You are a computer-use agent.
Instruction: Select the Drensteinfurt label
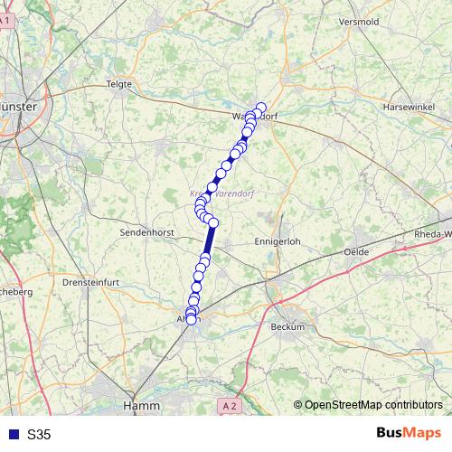coord(92,282)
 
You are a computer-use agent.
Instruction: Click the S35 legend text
coord(39,435)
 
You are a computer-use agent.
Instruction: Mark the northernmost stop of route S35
coord(261,108)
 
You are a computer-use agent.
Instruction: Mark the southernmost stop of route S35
coord(191,319)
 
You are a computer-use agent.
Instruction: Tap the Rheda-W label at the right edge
coord(432,233)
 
